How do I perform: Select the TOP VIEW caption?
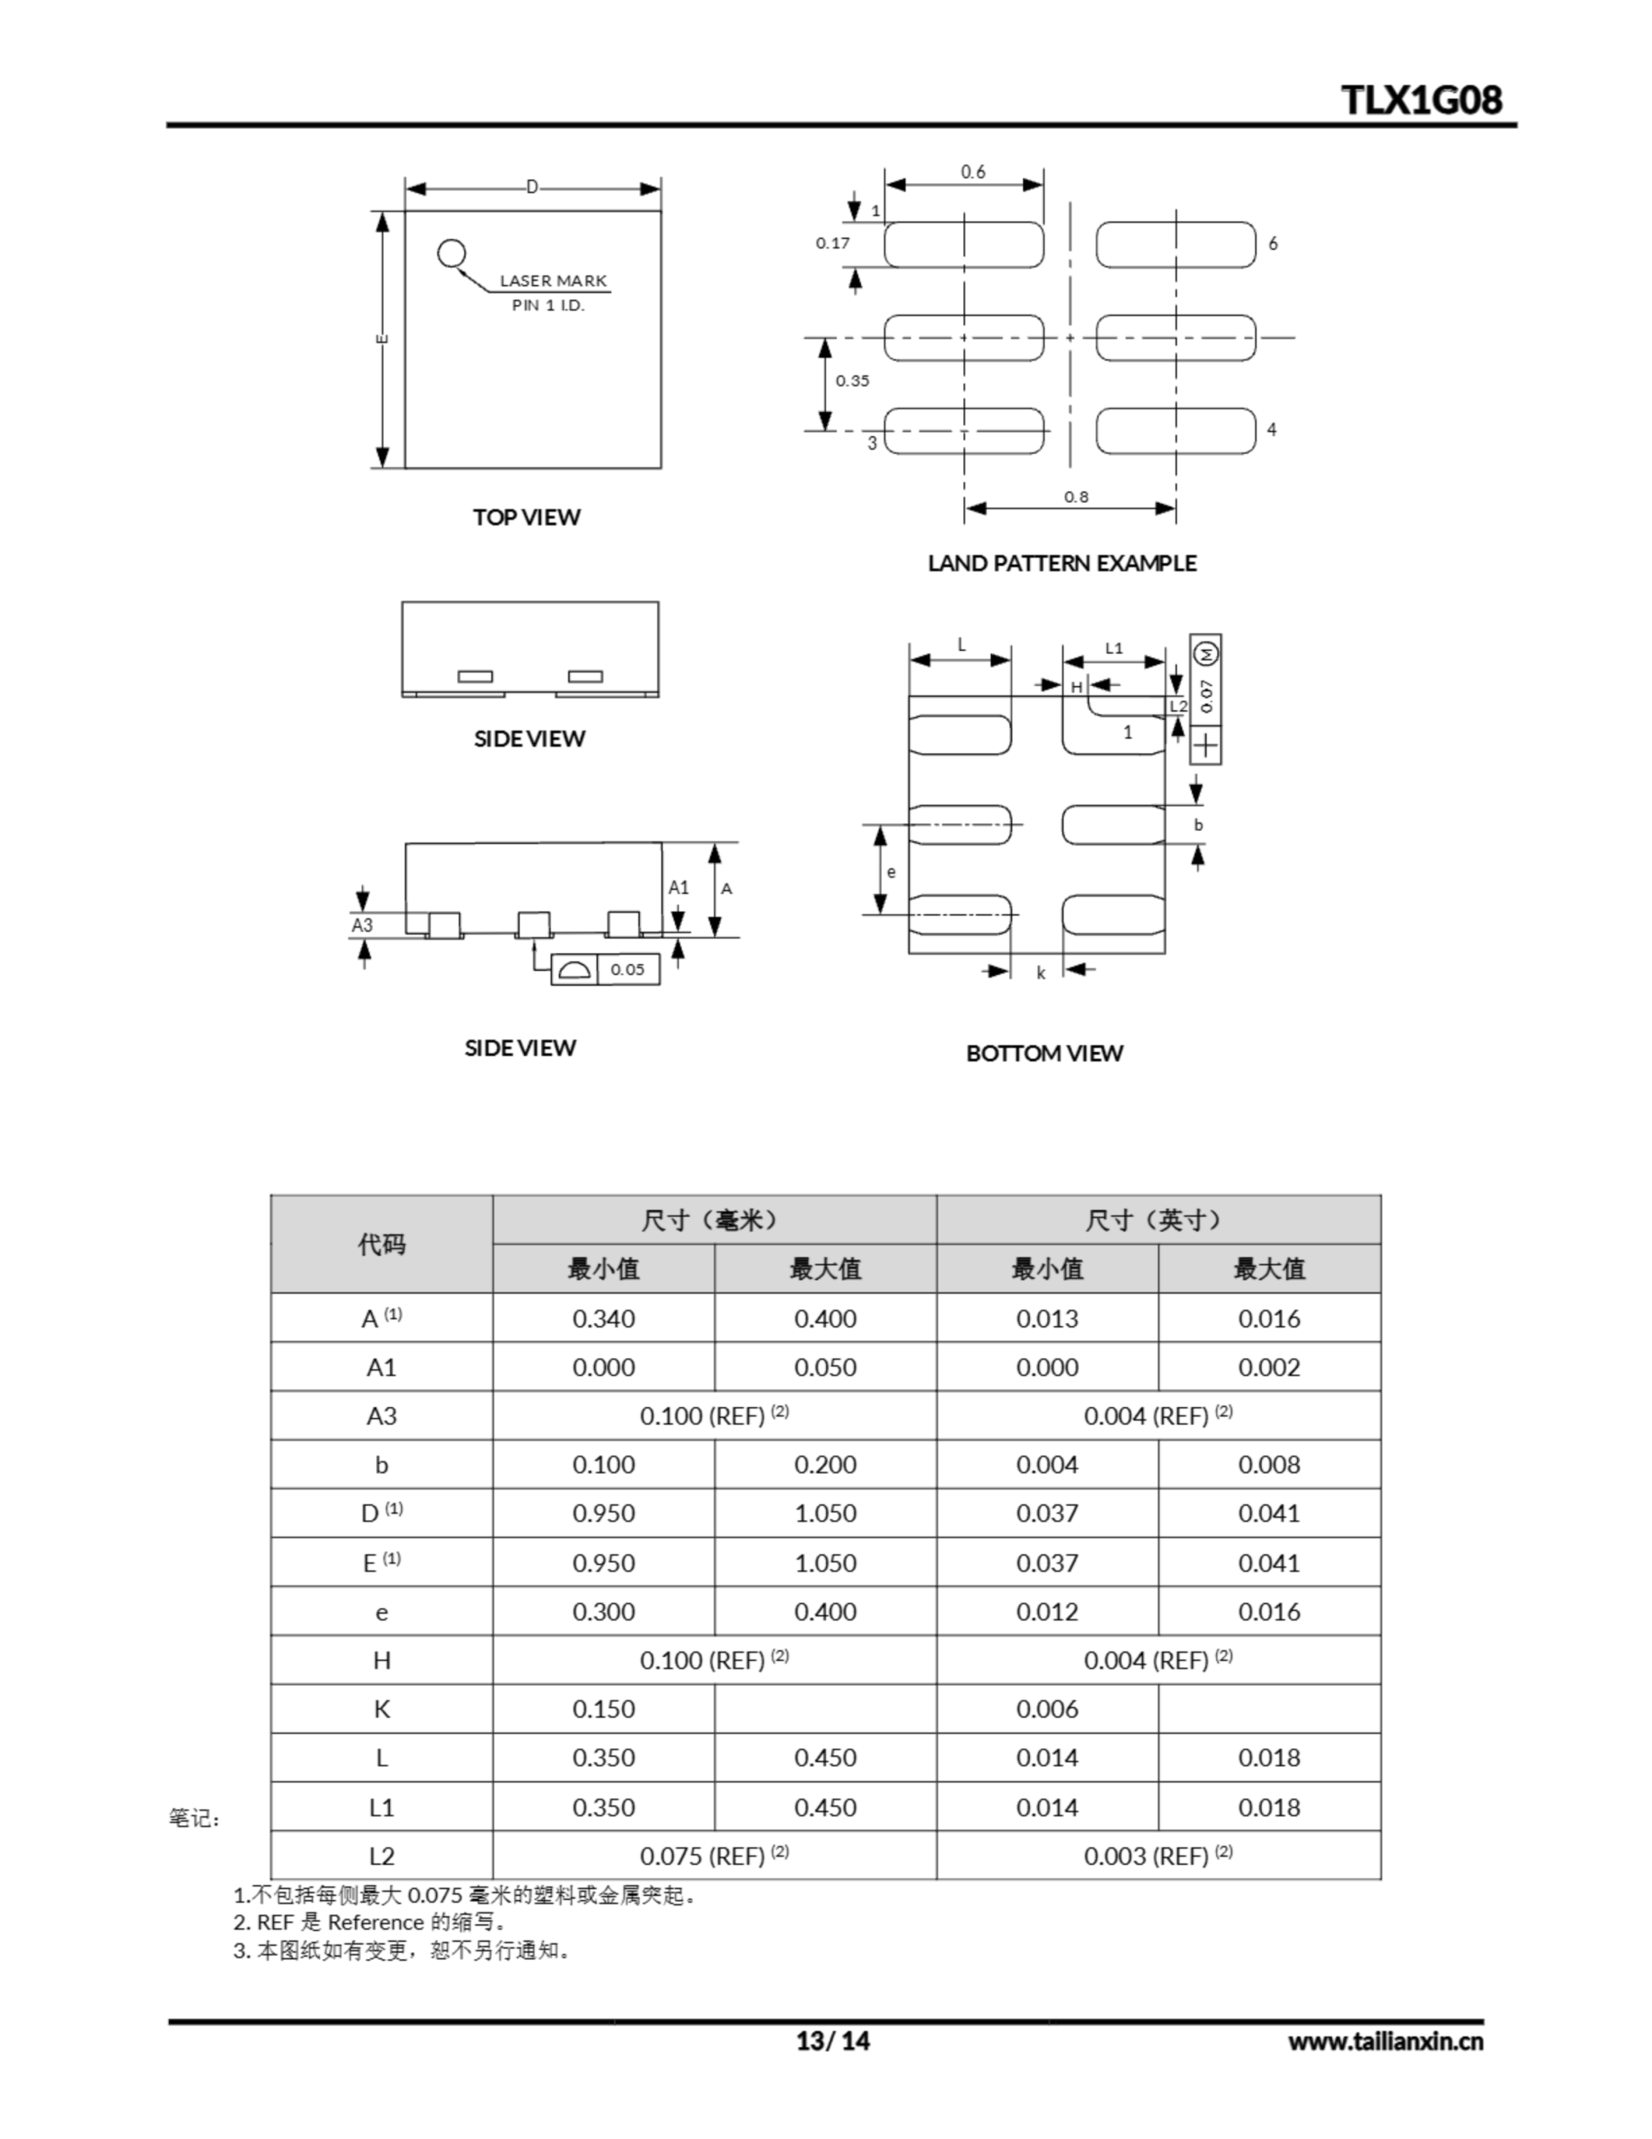[x=526, y=517]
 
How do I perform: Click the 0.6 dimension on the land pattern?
[x=972, y=172]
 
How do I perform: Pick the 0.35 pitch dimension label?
[x=852, y=381]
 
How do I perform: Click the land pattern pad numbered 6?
[x=1175, y=245]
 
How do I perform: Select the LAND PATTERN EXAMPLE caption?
[x=1062, y=563]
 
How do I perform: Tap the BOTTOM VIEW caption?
[x=1044, y=1053]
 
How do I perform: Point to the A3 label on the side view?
[x=362, y=925]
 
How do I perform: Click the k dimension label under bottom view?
[x=1041, y=973]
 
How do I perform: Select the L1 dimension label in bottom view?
[x=1113, y=648]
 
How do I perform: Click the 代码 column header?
[x=381, y=1244]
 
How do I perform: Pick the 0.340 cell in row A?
[x=603, y=1318]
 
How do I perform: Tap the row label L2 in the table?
[x=381, y=1856]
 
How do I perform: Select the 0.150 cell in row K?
[x=603, y=1709]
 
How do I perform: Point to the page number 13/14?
[x=833, y=2041]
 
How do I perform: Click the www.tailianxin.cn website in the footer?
[x=1385, y=2041]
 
